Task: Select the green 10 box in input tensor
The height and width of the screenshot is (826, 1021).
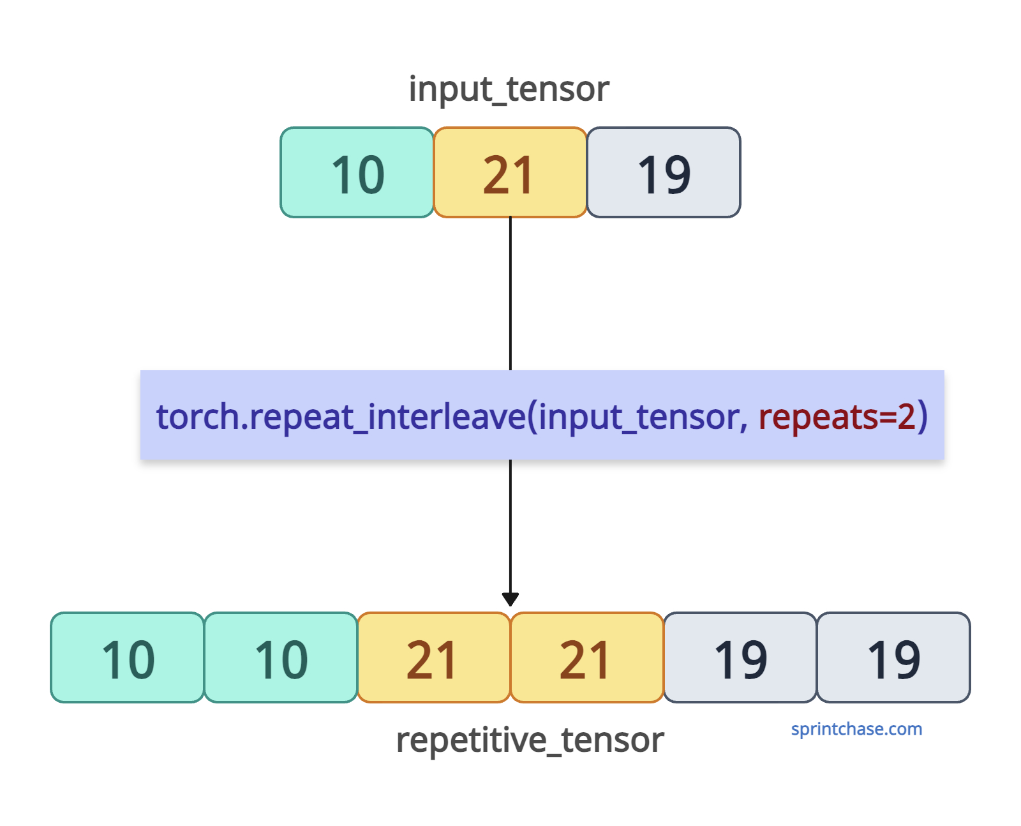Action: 357,172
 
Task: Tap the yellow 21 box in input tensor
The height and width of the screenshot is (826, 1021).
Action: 510,172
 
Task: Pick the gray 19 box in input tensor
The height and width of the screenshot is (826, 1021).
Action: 664,172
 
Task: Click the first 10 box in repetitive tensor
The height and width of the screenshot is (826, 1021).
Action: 127,657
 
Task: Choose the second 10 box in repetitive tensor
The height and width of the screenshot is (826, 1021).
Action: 280,657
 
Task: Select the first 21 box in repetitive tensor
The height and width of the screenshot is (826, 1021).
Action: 433,657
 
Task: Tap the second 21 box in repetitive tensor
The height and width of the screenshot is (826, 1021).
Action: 586,657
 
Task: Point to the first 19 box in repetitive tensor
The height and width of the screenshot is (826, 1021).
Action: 740,657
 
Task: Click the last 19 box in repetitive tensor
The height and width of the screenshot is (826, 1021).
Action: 893,657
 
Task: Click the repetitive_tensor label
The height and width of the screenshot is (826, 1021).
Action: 530,740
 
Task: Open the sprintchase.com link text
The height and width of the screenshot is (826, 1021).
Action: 856,729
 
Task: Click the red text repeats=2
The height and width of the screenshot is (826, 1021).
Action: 837,416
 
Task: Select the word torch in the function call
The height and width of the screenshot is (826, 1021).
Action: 197,416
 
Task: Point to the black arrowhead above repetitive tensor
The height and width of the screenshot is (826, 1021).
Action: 510,599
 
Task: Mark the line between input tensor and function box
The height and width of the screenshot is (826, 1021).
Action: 510,294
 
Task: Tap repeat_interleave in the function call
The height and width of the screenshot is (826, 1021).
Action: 388,416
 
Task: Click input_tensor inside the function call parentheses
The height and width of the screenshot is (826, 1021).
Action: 639,416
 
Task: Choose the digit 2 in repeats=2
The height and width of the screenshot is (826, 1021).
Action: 906,416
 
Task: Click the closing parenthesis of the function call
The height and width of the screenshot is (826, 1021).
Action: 922,416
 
